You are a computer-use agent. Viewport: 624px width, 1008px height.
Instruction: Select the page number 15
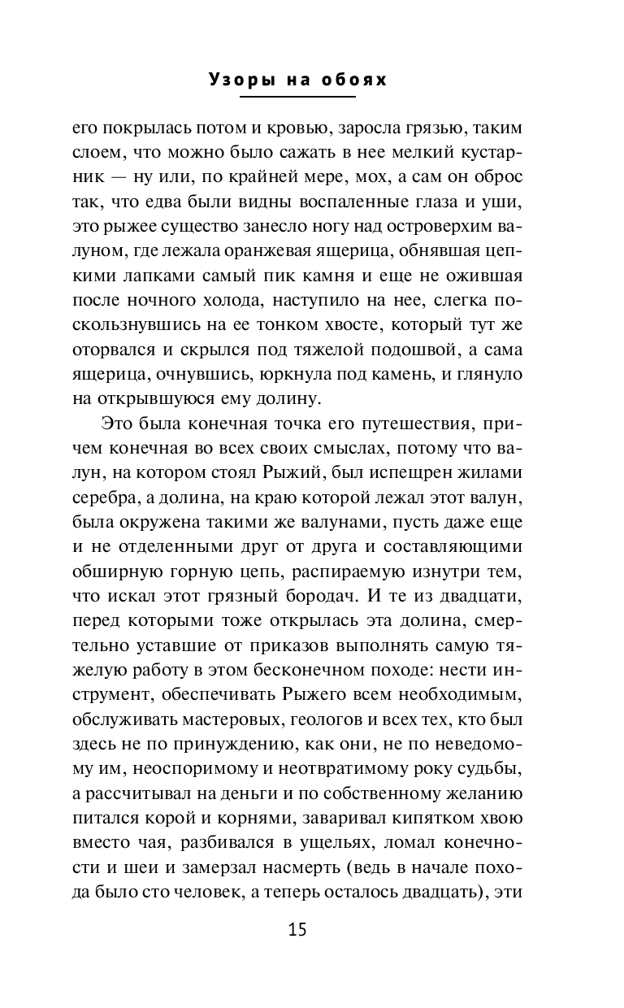[x=297, y=930]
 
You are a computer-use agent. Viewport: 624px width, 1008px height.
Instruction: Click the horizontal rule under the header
[x=297, y=97]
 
